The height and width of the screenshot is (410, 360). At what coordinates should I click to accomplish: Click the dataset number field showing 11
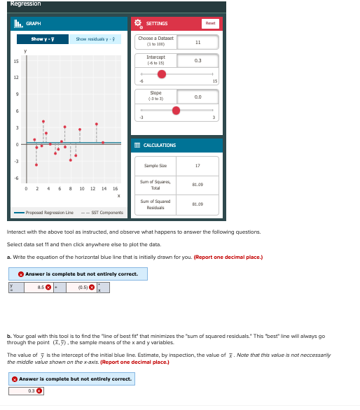[x=198, y=42]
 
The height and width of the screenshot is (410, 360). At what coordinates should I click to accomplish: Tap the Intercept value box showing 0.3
[x=198, y=61]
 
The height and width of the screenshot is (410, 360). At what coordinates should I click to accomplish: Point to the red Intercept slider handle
[x=162, y=74]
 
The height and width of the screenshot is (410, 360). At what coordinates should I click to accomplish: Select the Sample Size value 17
[x=198, y=166]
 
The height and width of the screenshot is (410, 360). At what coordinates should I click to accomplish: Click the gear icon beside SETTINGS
[x=138, y=23]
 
